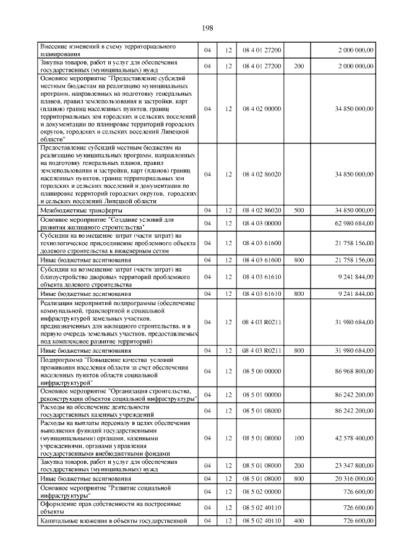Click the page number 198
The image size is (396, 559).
pyautogui.click(x=207, y=28)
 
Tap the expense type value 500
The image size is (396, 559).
pyautogui.click(x=299, y=210)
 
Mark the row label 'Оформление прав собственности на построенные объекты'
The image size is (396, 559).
pyautogui.click(x=111, y=507)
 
